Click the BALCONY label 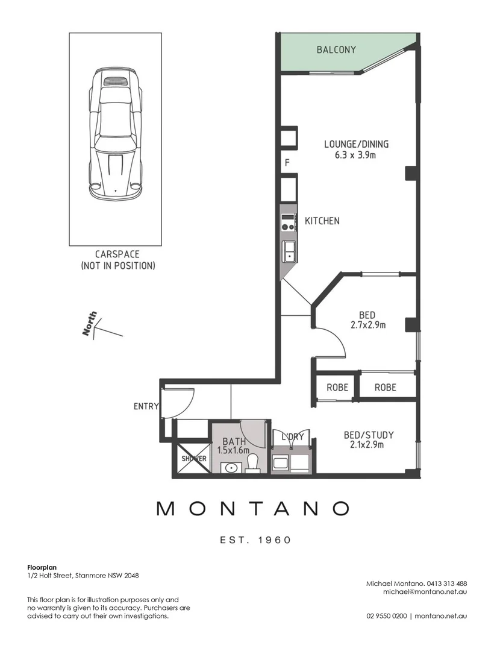[336, 50]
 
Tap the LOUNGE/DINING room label [356, 144]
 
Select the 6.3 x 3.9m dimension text [355, 156]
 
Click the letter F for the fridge [287, 163]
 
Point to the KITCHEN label [322, 221]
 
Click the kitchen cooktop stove [288, 222]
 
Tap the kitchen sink [289, 251]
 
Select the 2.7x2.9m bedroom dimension [367, 325]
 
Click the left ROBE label [337, 388]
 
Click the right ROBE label [385, 388]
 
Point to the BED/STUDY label [369, 435]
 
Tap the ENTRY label [146, 406]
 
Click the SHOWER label [194, 459]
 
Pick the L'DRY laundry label [293, 437]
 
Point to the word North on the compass [90, 324]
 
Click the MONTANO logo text [253, 508]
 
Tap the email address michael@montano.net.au [425, 592]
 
